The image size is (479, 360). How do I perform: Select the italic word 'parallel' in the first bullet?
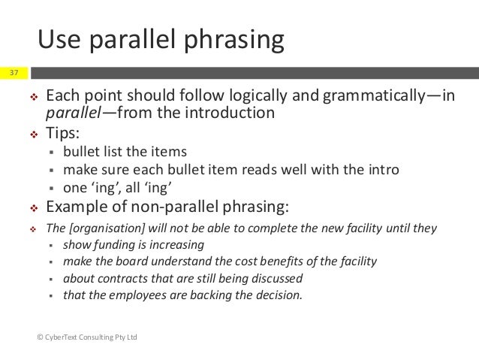(71, 113)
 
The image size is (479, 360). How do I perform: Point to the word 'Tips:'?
(66, 132)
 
